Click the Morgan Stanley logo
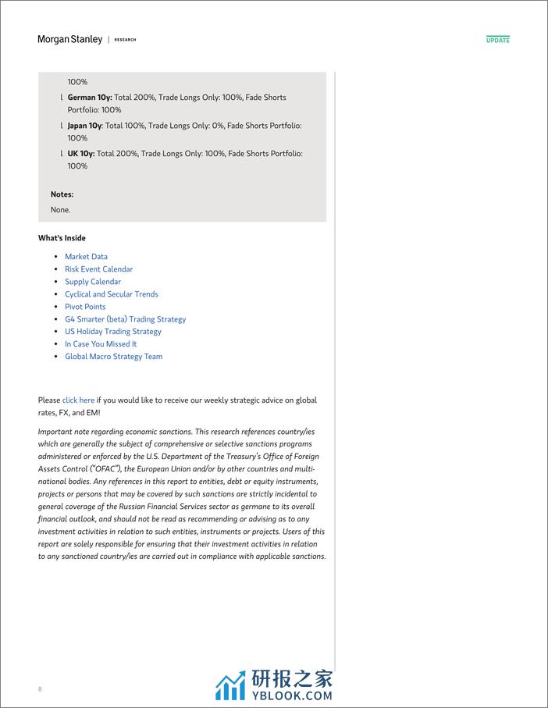69,39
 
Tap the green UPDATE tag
497,39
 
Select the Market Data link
86,257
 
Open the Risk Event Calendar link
98,269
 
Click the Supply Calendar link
93,282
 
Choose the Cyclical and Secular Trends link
111,294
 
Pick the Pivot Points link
85,307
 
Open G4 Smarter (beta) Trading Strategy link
125,319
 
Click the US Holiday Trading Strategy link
112,332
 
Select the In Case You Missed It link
101,344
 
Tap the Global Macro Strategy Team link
113,357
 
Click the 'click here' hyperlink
78,400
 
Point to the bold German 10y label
90,98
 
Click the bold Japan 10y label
84,126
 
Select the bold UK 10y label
81,154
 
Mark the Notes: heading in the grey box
62,194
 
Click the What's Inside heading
62,238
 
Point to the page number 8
40,689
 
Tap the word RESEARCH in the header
125,40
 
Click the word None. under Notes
60,210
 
